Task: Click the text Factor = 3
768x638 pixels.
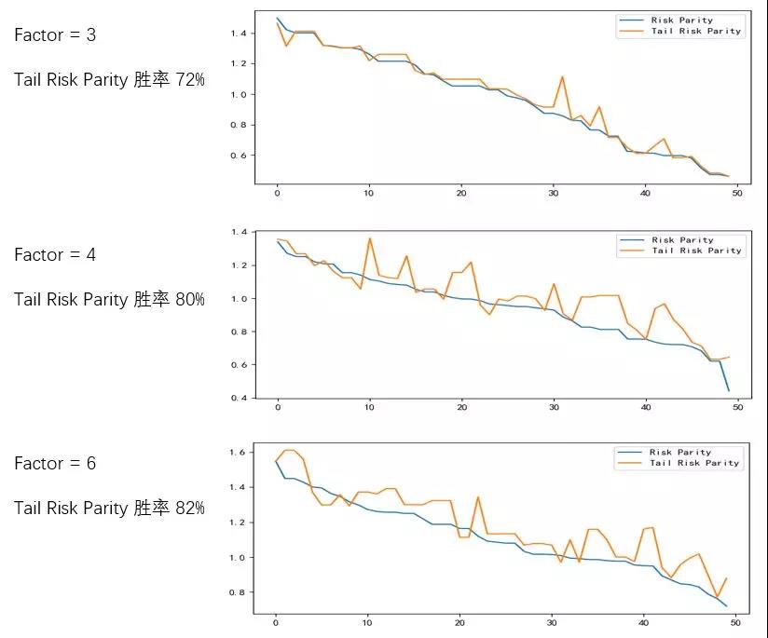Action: click(55, 35)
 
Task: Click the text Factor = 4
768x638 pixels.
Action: click(55, 254)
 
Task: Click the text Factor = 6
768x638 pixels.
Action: click(55, 463)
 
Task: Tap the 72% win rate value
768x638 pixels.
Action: click(190, 80)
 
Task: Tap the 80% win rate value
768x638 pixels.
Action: click(190, 299)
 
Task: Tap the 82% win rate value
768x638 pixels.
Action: click(190, 508)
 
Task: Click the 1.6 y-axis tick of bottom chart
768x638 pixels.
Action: click(237, 453)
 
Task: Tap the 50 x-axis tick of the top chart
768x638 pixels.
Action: click(736, 194)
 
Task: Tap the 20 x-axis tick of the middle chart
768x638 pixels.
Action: click(460, 408)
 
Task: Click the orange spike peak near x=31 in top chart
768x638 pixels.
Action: click(562, 76)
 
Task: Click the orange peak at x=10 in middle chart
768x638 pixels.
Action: click(369, 238)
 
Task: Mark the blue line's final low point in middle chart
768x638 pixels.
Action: click(728, 390)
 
